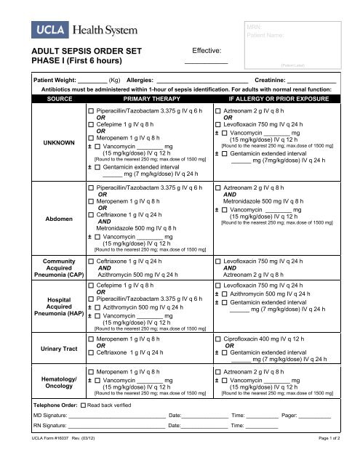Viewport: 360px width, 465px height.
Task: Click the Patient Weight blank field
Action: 92,81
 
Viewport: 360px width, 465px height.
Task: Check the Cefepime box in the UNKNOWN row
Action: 91,124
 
